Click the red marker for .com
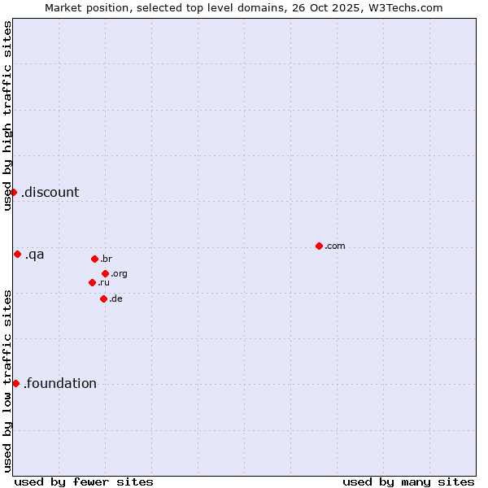[x=319, y=246]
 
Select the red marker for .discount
[x=14, y=192]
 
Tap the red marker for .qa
[x=17, y=254]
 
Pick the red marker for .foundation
[x=15, y=383]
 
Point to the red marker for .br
[x=94, y=259]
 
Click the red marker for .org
[x=106, y=273]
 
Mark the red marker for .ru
[x=92, y=282]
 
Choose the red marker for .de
[x=103, y=298]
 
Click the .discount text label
[x=50, y=193]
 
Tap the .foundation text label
[x=60, y=384]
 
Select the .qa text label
[x=35, y=255]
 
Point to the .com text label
[x=335, y=246]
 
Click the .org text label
[x=119, y=274]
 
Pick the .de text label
[x=115, y=299]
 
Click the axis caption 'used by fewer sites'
[x=84, y=481]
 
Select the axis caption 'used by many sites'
[x=408, y=481]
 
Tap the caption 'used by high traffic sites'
[x=7, y=115]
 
